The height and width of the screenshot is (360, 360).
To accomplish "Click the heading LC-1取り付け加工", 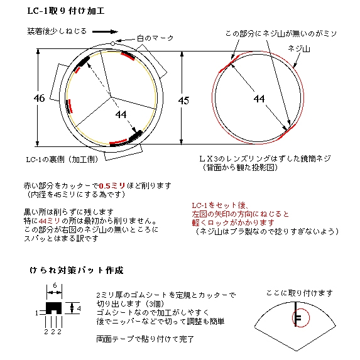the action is (x=66, y=11).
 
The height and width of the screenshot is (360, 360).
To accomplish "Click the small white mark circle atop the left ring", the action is (x=112, y=43).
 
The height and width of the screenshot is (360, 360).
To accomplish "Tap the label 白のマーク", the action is (x=155, y=38).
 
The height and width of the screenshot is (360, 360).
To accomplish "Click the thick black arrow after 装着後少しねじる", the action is (x=105, y=31).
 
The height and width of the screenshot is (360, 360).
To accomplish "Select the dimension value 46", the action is (x=39, y=98).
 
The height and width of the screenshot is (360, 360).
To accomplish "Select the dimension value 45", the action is (x=183, y=101).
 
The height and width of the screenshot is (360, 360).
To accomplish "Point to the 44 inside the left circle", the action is (x=121, y=114).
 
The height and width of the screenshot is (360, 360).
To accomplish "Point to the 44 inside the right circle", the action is (x=259, y=99).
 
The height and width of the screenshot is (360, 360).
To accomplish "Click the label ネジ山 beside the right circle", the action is (x=299, y=49).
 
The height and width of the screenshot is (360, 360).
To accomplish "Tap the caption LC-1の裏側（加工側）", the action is (x=62, y=160).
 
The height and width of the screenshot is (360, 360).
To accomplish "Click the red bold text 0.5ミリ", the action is (x=112, y=186).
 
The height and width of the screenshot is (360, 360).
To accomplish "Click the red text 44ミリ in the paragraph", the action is (x=50, y=221).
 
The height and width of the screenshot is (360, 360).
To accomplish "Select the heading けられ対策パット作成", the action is (x=77, y=270).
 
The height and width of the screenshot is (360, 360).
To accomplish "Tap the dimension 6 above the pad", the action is (x=55, y=285).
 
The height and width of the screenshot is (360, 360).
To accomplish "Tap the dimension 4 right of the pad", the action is (x=79, y=308).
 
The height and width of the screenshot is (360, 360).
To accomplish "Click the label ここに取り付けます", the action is (x=300, y=293).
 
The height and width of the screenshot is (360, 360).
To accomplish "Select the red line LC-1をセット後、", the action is (x=220, y=205).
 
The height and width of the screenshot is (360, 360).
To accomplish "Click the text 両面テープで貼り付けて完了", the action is (x=145, y=339).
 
